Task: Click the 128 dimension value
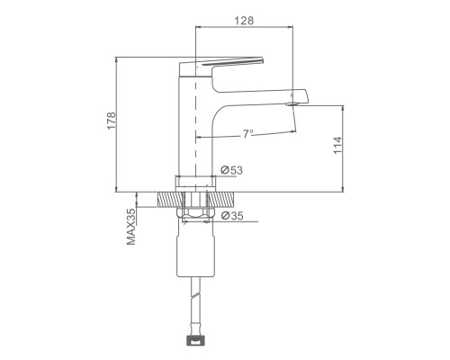pyautogui.click(x=244, y=21)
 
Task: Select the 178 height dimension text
pyautogui.click(x=112, y=121)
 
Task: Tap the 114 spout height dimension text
pyautogui.click(x=337, y=145)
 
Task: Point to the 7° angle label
pyautogui.click(x=247, y=134)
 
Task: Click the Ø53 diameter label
pyautogui.click(x=231, y=170)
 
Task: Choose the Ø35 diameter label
pyautogui.click(x=232, y=215)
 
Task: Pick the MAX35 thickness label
pyautogui.click(x=131, y=227)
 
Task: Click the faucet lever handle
pyautogui.click(x=221, y=65)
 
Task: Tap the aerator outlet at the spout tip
pyautogui.click(x=292, y=104)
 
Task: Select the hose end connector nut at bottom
pyautogui.click(x=195, y=341)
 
